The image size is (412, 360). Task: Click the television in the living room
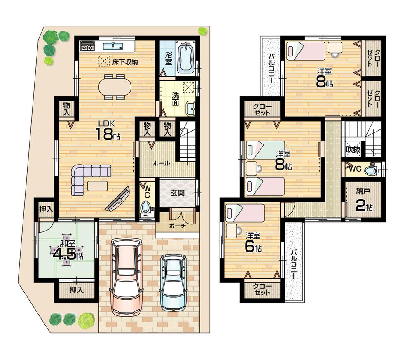click(118, 199)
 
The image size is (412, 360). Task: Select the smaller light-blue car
click(173, 282)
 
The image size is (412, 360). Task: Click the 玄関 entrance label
click(177, 192)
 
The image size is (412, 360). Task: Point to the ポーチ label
click(177, 226)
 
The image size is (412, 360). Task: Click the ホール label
click(161, 163)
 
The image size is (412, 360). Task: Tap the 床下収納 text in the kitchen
click(124, 62)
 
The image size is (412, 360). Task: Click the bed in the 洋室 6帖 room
click(245, 213)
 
